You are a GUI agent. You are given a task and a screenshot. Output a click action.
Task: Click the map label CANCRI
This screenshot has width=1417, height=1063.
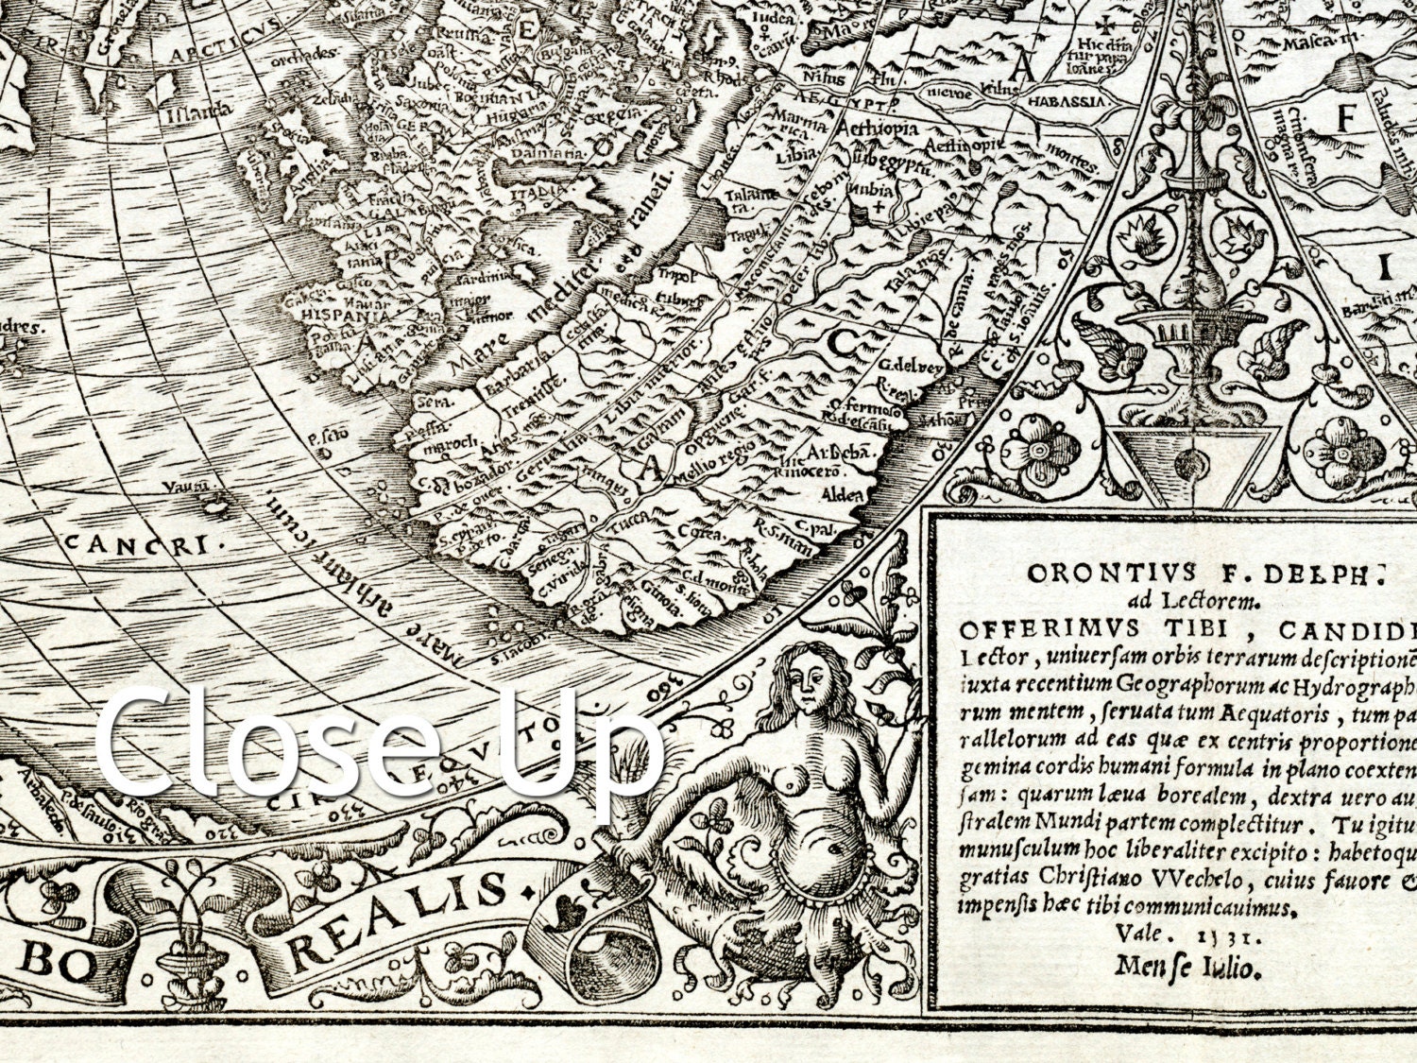(137, 543)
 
